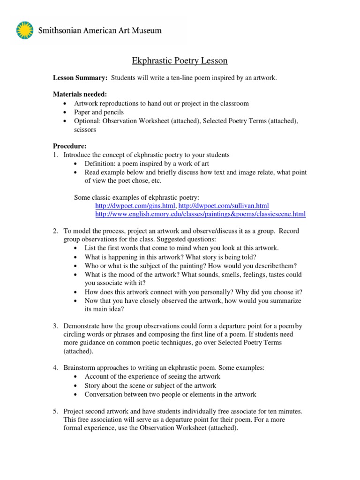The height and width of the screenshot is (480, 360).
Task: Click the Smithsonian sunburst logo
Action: (x=24, y=30)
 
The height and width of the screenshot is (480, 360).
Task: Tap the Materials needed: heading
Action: (x=80, y=95)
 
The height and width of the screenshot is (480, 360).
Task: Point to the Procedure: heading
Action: (x=69, y=146)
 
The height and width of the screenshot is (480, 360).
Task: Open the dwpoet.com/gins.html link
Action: (x=135, y=206)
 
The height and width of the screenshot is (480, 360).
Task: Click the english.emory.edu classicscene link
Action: (x=200, y=214)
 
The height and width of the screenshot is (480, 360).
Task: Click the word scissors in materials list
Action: (x=85, y=129)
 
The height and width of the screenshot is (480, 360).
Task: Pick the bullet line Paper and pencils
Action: (x=98, y=112)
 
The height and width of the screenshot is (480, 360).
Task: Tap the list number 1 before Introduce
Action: (x=55, y=155)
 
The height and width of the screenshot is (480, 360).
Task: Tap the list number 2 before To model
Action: (x=55, y=231)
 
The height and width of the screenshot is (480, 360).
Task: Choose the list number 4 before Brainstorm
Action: (x=55, y=368)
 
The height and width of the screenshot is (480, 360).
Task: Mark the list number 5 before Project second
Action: (x=55, y=411)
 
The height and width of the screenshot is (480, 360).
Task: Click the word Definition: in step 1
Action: (x=100, y=163)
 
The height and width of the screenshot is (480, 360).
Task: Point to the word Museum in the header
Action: (x=145, y=30)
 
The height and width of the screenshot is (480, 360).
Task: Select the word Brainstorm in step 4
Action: (x=81, y=368)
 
